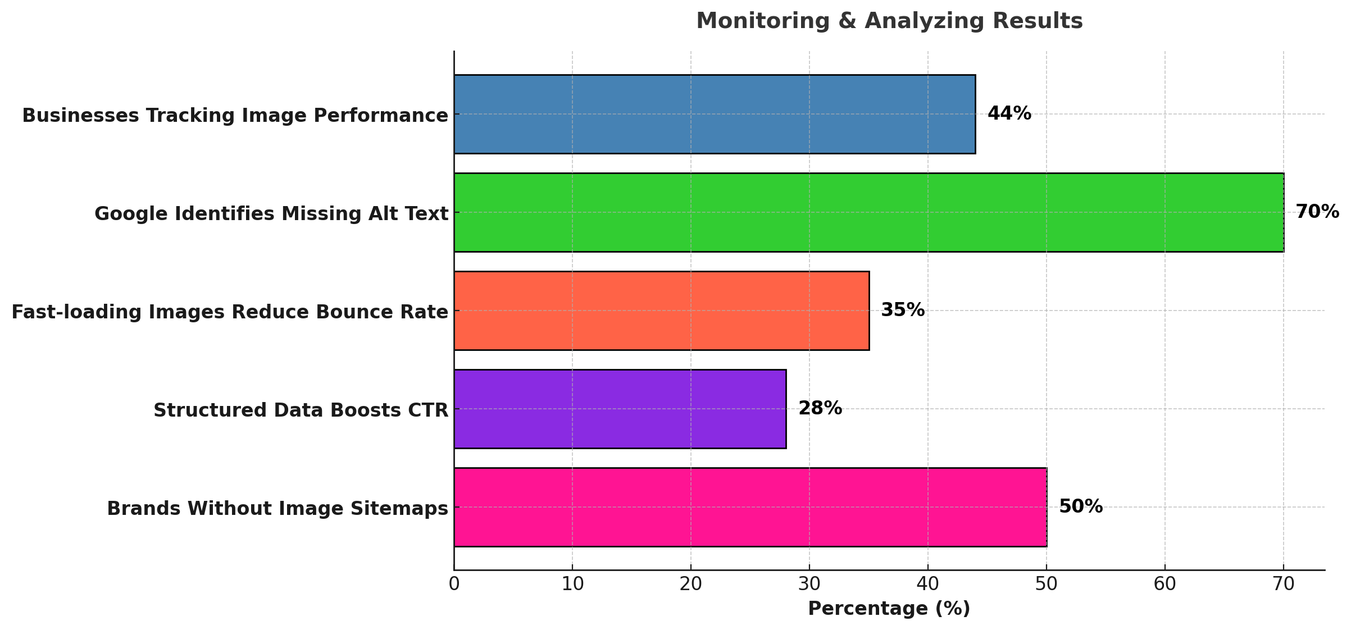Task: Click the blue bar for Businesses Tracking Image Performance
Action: [715, 114]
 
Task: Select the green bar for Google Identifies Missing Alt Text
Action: [868, 212]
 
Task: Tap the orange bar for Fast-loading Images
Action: [661, 311]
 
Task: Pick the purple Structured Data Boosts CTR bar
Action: [620, 409]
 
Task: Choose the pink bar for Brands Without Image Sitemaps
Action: [750, 507]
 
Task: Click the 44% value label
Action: [1009, 114]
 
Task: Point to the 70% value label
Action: [1317, 212]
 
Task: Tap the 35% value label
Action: [902, 310]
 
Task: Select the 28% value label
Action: [820, 409]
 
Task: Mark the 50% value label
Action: [1080, 507]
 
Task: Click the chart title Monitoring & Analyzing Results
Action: [889, 21]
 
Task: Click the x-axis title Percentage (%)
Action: [889, 609]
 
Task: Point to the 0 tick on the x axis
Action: [454, 585]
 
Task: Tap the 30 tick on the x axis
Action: [809, 585]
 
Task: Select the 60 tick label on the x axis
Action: [1165, 585]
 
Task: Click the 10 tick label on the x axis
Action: [572, 585]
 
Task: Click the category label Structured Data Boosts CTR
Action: [301, 410]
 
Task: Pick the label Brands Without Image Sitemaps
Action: [278, 509]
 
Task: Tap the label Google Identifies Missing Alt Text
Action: [271, 214]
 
